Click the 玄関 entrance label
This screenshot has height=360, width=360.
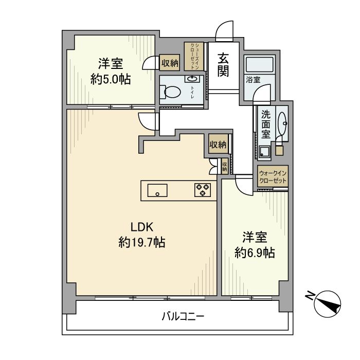(x=223, y=65)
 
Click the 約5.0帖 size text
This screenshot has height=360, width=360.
(x=111, y=79)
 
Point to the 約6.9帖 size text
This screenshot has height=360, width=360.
(x=255, y=253)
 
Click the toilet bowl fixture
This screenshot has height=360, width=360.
(x=171, y=92)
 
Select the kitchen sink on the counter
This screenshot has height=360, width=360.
(x=157, y=190)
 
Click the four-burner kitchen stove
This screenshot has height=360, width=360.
(x=202, y=190)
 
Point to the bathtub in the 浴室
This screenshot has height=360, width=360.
(x=260, y=65)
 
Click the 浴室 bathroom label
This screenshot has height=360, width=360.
(x=253, y=80)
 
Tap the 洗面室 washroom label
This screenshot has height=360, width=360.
(x=266, y=123)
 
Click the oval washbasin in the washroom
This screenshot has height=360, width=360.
(x=282, y=123)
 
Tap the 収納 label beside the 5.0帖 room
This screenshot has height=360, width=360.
(x=170, y=63)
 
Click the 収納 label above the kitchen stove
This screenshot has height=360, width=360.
(x=218, y=145)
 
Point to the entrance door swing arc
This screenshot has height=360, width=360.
(x=224, y=31)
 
